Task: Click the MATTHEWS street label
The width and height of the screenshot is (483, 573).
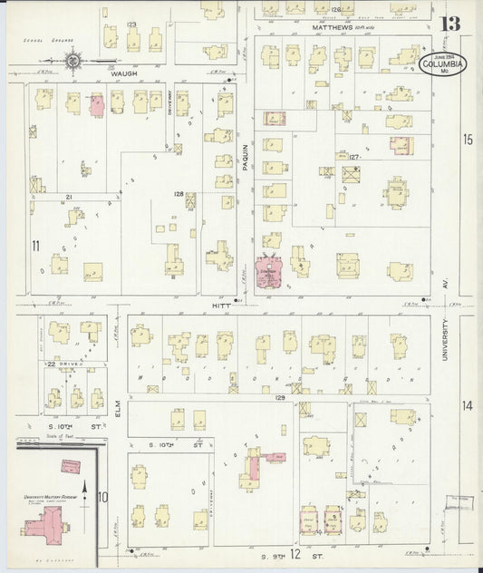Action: (333, 27)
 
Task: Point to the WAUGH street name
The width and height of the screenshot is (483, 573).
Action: (123, 73)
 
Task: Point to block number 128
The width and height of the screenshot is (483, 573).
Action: (179, 194)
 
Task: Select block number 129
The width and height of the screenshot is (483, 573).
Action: (280, 398)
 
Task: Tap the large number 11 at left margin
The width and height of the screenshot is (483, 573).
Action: (36, 246)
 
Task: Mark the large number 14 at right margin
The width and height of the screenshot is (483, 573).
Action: (467, 405)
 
